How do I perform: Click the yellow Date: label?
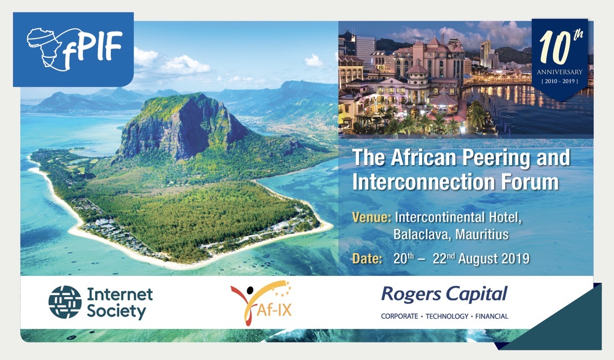[367, 258]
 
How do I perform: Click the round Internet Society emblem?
[65, 303]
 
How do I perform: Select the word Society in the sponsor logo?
[116, 312]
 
